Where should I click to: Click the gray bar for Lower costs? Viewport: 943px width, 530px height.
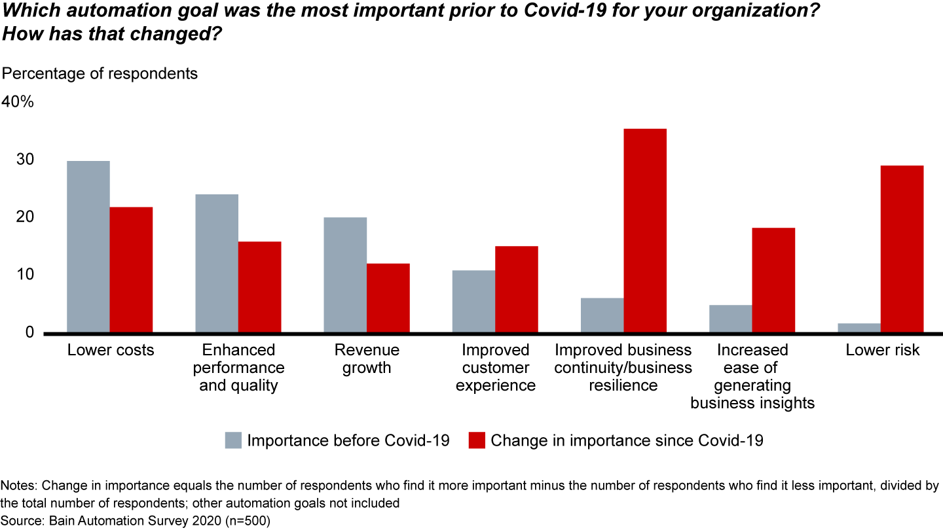[x=88, y=247]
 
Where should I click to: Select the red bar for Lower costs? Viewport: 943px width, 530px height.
[x=131, y=270]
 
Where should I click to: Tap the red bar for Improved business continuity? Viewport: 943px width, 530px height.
[x=645, y=230]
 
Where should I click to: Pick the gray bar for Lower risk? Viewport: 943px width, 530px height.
[x=859, y=328]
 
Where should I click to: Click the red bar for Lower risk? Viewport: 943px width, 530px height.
[x=902, y=249]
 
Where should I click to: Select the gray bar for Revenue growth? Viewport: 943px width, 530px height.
[x=345, y=275]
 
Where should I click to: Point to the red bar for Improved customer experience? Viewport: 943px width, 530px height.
[x=517, y=289]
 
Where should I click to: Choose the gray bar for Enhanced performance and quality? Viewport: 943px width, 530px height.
[x=217, y=263]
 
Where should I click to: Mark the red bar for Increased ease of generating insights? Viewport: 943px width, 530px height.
[x=773, y=280]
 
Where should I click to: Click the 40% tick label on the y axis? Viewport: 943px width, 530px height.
[x=18, y=103]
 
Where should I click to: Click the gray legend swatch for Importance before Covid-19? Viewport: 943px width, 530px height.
[x=233, y=440]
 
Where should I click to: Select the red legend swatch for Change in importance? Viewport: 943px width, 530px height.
[x=477, y=440]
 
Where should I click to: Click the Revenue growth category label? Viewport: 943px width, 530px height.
[x=366, y=359]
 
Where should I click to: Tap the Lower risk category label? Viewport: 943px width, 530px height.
[x=882, y=350]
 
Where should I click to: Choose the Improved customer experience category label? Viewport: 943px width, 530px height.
[x=496, y=368]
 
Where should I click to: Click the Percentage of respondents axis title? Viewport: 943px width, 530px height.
[x=100, y=73]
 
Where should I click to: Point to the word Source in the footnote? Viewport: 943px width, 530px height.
[x=20, y=520]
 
